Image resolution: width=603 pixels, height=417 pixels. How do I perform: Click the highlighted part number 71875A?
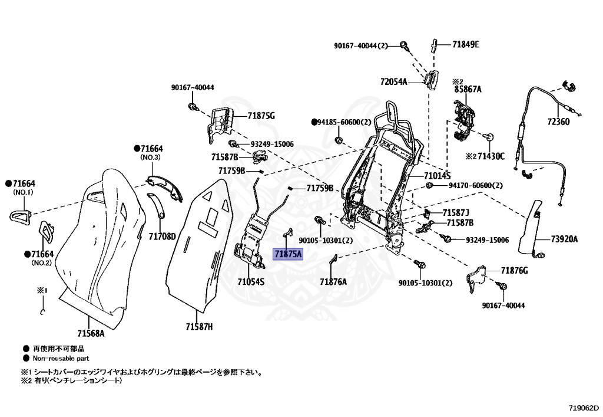(287, 254)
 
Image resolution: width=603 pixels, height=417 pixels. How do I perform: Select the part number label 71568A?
(90, 333)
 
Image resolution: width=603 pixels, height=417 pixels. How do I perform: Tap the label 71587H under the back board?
(199, 327)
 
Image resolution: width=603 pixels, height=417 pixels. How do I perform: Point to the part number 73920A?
(564, 239)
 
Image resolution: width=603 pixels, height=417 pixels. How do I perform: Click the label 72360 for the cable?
(558, 122)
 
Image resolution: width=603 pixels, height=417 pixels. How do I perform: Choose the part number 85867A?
(468, 90)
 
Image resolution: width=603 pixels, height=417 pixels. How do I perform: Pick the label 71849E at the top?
(465, 44)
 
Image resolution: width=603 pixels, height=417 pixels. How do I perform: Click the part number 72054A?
(393, 82)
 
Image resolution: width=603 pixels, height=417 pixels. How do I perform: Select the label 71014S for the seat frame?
(436, 176)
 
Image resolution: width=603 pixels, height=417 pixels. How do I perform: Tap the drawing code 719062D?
(584, 408)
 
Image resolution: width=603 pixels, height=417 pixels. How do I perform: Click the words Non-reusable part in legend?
(61, 358)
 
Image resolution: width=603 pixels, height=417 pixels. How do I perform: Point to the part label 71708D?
(162, 237)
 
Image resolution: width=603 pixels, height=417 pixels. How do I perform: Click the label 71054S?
(251, 281)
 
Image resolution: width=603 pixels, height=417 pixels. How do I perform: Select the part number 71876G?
(514, 270)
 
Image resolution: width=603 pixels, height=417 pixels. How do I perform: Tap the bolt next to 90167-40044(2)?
(405, 45)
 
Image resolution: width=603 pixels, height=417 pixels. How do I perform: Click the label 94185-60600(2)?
(345, 122)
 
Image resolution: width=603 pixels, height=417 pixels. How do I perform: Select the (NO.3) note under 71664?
(150, 157)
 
